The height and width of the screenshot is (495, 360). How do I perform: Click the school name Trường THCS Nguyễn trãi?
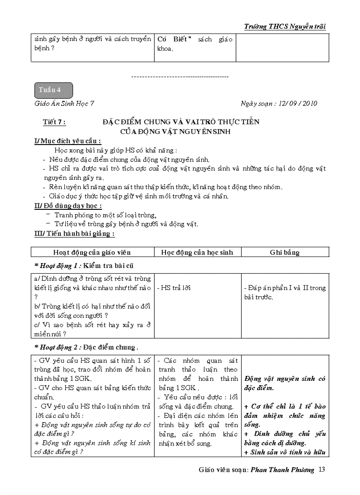(285, 26)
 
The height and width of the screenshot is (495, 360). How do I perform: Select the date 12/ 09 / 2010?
(295, 104)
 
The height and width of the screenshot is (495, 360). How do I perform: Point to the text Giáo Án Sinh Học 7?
(64, 104)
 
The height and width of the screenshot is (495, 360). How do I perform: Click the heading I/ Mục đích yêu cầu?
(67, 141)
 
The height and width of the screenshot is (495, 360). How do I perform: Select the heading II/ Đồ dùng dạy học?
(68, 205)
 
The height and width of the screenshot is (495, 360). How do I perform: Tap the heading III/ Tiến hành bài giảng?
(74, 234)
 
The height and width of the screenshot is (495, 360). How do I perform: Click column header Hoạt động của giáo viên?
(92, 253)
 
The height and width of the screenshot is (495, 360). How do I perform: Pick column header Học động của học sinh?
(197, 253)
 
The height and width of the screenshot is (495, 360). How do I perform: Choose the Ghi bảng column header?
(285, 253)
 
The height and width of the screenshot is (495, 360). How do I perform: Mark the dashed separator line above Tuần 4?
(180, 77)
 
